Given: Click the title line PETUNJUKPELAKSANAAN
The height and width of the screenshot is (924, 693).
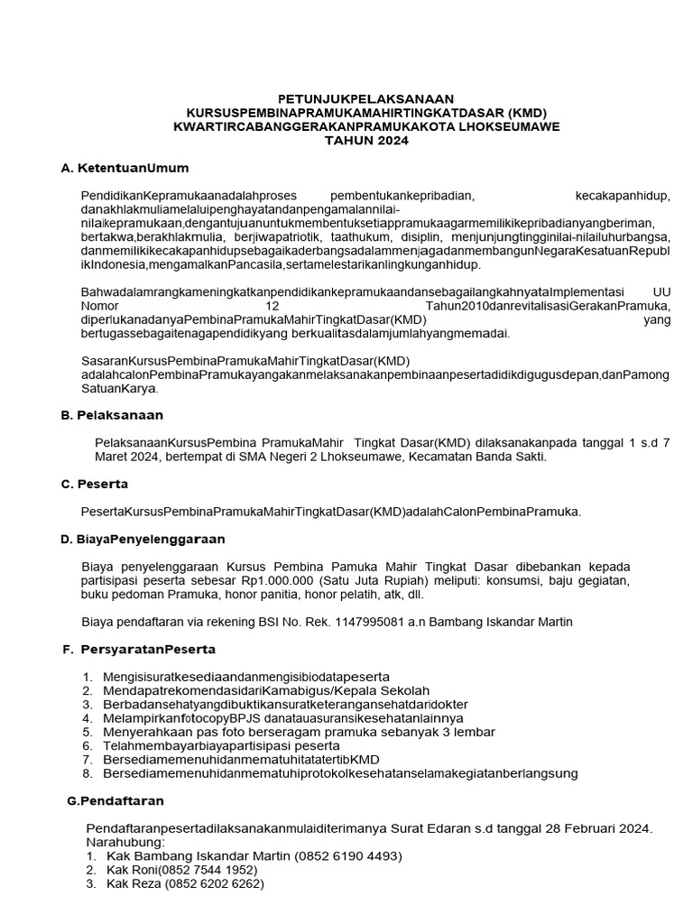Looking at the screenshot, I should tap(365, 98).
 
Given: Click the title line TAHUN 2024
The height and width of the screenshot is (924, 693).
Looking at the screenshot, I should tap(365, 141).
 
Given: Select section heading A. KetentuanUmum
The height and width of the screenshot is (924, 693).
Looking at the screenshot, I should tap(125, 169).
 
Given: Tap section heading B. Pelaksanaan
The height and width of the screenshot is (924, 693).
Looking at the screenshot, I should tap(112, 415).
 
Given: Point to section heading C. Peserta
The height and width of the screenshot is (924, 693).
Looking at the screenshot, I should tap(95, 484).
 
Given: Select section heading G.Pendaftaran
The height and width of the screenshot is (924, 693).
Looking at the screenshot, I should tap(116, 800).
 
